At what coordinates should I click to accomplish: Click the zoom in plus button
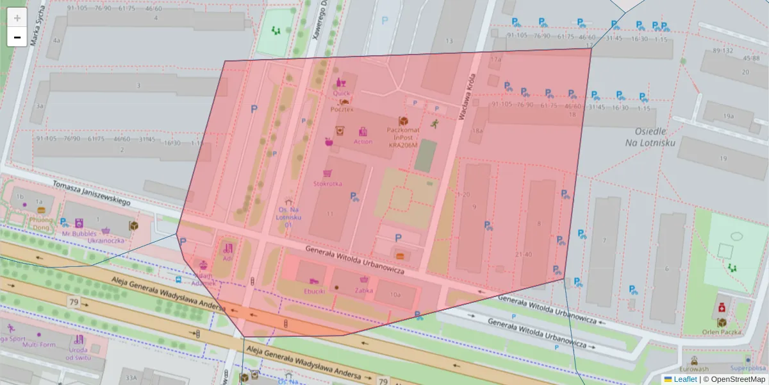tap(17, 17)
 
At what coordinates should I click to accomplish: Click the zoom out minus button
tap(17, 37)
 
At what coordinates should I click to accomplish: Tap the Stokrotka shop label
tap(327, 184)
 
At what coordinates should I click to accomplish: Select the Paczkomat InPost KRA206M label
tap(402, 137)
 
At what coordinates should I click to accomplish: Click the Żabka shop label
tap(364, 290)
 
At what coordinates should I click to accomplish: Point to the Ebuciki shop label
tap(314, 290)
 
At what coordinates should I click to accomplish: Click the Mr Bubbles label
tap(79, 234)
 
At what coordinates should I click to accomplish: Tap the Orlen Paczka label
tap(722, 332)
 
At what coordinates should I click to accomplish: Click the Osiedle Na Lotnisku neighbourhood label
tap(650, 137)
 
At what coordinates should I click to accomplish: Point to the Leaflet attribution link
tap(685, 379)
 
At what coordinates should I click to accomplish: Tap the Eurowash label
tap(695, 369)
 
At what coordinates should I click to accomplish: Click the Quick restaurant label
tap(342, 93)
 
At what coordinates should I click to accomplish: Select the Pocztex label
tap(342, 110)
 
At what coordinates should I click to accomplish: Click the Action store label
tap(363, 142)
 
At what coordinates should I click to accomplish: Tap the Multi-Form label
tap(40, 345)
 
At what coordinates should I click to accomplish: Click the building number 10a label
tap(396, 295)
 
